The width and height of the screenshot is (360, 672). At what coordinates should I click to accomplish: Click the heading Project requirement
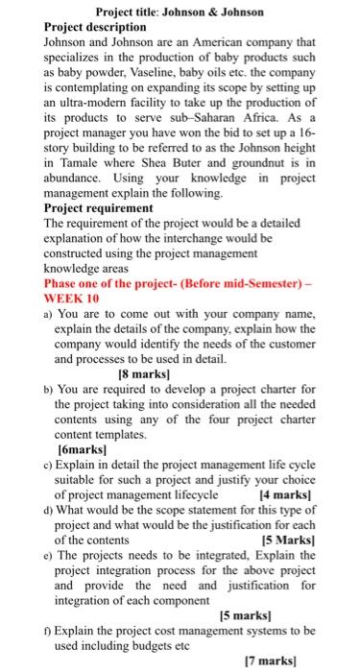pyautogui.click(x=99, y=207)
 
